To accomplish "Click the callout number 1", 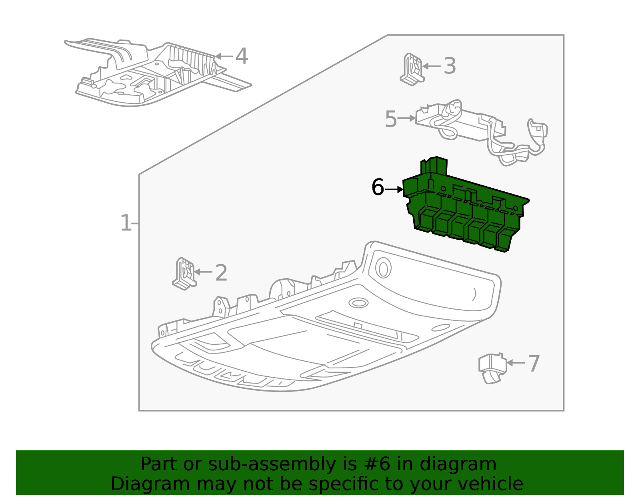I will tap(126, 223).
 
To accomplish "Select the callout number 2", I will tap(221, 273).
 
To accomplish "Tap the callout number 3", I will tap(450, 66).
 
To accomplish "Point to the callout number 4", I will tap(242, 56).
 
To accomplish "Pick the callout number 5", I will tap(390, 119).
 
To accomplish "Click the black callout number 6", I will tap(378, 188).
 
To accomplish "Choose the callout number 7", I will tap(534, 364).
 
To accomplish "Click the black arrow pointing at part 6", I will tap(394, 189).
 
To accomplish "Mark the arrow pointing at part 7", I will tap(516, 363).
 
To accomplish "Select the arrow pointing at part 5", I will tap(407, 118).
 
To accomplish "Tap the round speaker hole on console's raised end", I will tap(383, 268).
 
